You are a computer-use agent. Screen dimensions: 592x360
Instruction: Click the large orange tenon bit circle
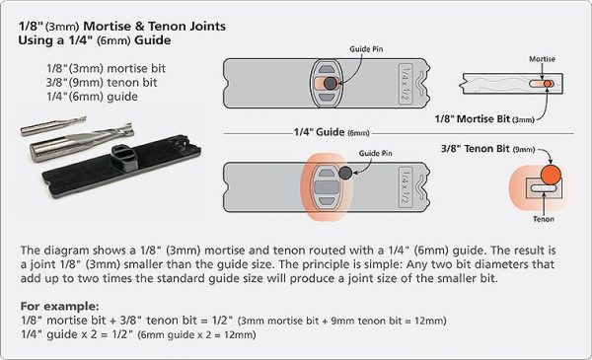551,175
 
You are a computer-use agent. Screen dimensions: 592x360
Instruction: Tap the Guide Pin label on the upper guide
366,49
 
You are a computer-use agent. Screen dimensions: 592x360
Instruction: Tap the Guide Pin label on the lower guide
375,153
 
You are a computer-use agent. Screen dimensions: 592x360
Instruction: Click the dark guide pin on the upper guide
331,83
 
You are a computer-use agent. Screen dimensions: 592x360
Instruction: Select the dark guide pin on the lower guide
345,173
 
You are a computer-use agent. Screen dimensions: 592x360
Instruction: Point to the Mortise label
542,59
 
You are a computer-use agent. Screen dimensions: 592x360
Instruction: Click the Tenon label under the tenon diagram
544,219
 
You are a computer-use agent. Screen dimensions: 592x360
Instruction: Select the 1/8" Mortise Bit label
484,119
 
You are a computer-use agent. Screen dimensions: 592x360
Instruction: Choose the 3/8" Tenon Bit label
487,149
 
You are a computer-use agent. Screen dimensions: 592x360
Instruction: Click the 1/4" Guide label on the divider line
332,132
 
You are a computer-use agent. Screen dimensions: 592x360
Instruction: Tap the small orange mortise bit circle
549,84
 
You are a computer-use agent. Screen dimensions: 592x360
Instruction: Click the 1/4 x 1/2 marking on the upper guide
406,83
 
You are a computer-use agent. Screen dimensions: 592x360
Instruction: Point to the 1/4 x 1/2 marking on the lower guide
406,187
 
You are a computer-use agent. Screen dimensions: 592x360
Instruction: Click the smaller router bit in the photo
53,126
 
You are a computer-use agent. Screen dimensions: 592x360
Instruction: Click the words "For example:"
59,306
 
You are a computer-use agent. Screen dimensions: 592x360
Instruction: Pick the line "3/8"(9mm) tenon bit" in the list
102,83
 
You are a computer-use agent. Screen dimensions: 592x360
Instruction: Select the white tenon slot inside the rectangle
544,188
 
